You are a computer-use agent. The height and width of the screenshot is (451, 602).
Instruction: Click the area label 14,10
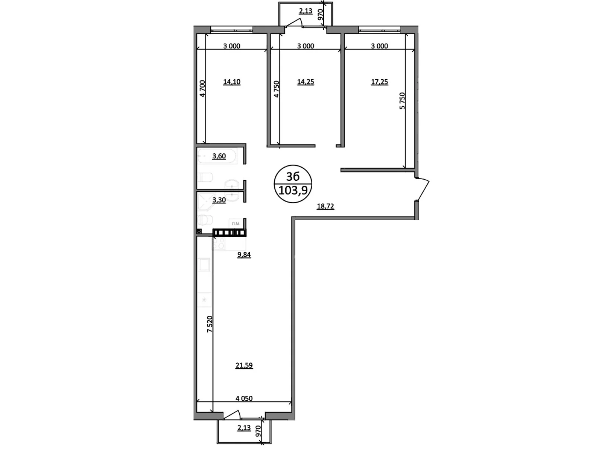point(232,82)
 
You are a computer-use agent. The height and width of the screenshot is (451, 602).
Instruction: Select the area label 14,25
point(306,82)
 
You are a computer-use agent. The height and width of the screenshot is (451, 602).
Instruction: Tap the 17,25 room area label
point(379,82)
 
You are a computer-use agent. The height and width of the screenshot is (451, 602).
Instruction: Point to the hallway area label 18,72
point(325,206)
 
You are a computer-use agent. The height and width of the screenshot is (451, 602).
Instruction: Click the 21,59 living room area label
point(244,365)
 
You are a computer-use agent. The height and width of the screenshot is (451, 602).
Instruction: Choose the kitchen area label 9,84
point(244,255)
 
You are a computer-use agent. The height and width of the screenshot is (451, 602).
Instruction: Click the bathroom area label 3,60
point(219,156)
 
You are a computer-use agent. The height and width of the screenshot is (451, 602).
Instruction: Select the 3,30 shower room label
point(219,200)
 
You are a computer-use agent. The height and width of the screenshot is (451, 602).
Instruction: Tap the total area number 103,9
point(293,190)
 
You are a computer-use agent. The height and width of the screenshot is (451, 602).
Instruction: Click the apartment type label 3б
point(293,177)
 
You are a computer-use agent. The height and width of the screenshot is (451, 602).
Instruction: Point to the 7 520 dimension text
point(210,324)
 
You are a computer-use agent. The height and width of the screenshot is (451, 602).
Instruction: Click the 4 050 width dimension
point(244,398)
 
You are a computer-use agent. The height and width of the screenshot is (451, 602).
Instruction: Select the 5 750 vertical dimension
point(402,101)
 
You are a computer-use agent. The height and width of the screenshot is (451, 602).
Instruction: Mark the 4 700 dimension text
point(202,88)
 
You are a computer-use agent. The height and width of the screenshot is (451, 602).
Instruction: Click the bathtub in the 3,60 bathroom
point(217,156)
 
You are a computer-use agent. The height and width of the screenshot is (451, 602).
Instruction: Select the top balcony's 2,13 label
point(306,11)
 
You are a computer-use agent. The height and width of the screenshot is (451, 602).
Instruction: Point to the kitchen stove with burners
point(219,244)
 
